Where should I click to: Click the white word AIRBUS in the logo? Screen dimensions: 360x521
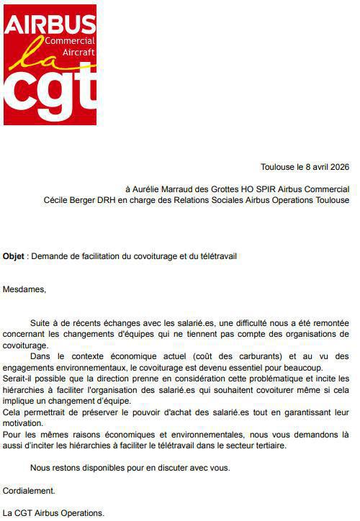click(50, 26)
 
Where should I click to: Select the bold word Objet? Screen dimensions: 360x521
click(14, 255)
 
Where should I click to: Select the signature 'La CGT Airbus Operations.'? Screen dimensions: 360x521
click(54, 513)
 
